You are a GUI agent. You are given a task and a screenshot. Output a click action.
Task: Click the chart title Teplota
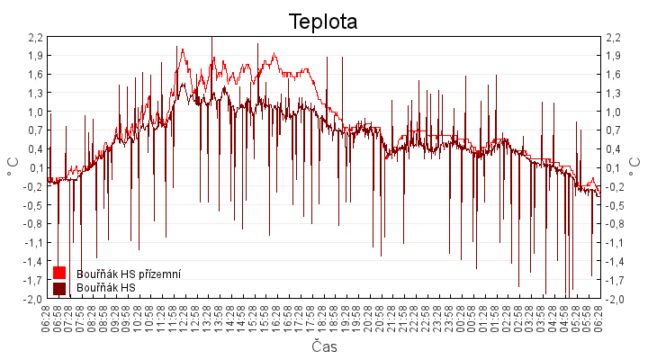(323, 21)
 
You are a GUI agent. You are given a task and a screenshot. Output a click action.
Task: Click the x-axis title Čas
(324, 347)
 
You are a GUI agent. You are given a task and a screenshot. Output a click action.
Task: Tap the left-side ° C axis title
(13, 167)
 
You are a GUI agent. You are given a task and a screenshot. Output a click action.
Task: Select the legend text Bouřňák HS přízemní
(129, 273)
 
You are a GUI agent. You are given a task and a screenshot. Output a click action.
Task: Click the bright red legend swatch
(59, 273)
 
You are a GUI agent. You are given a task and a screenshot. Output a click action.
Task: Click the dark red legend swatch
(59, 288)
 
